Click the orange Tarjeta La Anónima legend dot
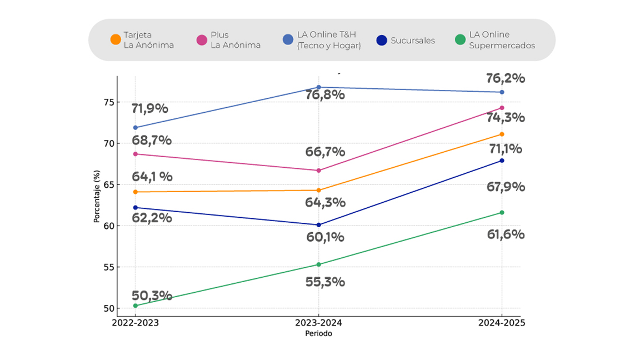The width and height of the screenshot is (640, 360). point(116,40)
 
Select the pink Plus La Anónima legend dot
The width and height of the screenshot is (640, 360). point(202,40)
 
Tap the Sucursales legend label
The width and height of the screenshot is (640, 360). point(413,41)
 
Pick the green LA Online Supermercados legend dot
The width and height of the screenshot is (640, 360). point(460,40)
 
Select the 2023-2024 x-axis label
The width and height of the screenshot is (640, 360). point(318,323)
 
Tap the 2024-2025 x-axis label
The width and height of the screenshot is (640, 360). point(502,323)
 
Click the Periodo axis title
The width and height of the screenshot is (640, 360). point(318,334)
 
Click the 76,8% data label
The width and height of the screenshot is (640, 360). point(326,95)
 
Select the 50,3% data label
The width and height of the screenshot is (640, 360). point(152,296)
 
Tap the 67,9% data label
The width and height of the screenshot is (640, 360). point(506,187)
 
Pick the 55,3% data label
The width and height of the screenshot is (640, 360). point(326,282)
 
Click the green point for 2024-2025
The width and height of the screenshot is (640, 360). point(502,212)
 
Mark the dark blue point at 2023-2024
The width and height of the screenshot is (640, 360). point(319,225)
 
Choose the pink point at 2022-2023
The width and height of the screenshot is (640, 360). point(136,154)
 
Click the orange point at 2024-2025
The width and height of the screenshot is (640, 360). point(502,134)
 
